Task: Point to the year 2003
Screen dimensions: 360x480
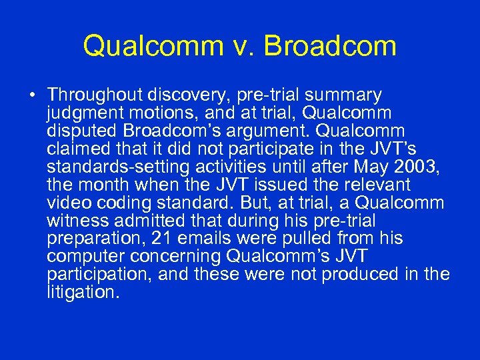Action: pos(421,167)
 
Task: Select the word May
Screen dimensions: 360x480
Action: pos(375,167)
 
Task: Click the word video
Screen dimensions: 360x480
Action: pos(69,202)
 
